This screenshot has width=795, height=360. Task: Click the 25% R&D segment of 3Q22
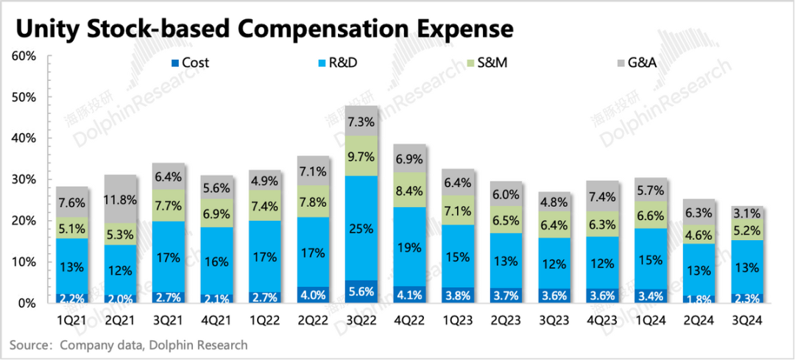[362, 228]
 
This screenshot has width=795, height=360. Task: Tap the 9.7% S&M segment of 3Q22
[362, 156]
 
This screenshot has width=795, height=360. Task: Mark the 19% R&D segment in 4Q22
[410, 247]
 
